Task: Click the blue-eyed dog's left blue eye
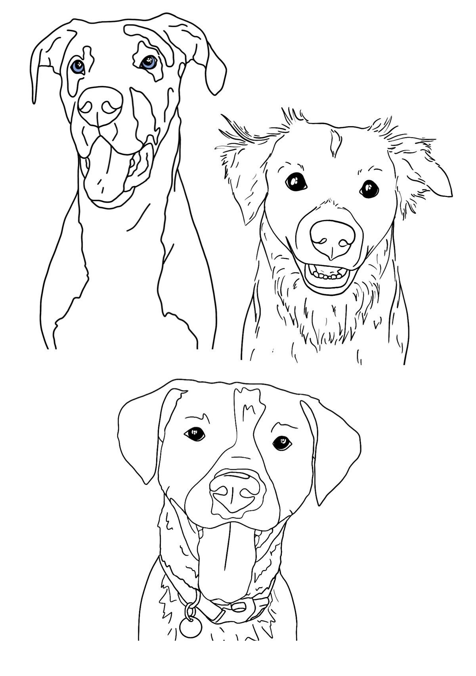(x=78, y=66)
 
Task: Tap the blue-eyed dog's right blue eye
(x=148, y=62)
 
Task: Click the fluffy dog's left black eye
(x=296, y=182)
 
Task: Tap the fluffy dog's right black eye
(x=369, y=189)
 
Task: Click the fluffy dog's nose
(x=332, y=238)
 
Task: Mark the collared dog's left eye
(x=195, y=434)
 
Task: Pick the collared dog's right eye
(x=282, y=442)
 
